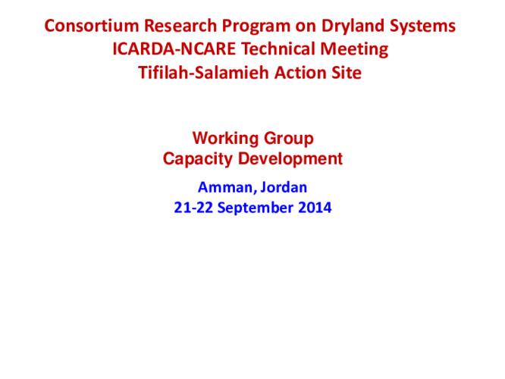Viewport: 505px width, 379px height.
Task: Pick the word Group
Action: click(x=288, y=139)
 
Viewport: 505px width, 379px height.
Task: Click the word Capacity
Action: click(x=194, y=159)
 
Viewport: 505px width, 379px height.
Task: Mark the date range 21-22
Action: click(x=193, y=207)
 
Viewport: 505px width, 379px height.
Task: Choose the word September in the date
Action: click(x=255, y=207)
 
